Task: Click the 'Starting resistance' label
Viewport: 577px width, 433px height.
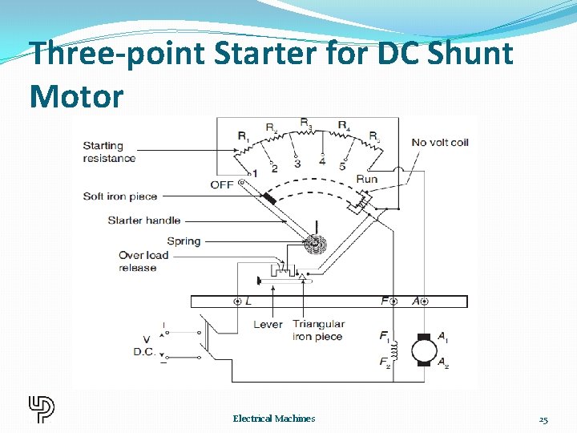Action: pyautogui.click(x=109, y=152)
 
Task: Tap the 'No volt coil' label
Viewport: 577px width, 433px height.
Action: pyautogui.click(x=440, y=142)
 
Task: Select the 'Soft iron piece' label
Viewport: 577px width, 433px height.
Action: pyautogui.click(x=120, y=196)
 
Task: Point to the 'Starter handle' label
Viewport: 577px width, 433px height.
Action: pyautogui.click(x=144, y=220)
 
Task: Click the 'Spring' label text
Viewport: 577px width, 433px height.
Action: pyautogui.click(x=184, y=241)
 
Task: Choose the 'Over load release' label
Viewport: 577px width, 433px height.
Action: pyautogui.click(x=143, y=261)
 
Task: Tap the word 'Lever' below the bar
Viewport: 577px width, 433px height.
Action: pyautogui.click(x=268, y=324)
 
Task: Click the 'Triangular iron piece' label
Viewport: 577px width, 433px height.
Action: pyautogui.click(x=318, y=330)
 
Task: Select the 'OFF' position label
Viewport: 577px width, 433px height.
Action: pyautogui.click(x=222, y=184)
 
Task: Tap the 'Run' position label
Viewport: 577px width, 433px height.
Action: pyautogui.click(x=366, y=179)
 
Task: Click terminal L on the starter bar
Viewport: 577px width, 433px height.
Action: pyautogui.click(x=238, y=301)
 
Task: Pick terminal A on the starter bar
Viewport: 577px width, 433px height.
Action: pyautogui.click(x=423, y=301)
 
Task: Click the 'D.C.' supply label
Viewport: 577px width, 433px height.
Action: pyautogui.click(x=145, y=352)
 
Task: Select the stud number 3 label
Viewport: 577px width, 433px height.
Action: pyautogui.click(x=297, y=164)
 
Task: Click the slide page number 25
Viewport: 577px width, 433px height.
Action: pyautogui.click(x=543, y=419)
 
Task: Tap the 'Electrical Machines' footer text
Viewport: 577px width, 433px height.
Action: pyautogui.click(x=274, y=419)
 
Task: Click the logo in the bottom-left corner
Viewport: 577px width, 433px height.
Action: pyautogui.click(x=41, y=409)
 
